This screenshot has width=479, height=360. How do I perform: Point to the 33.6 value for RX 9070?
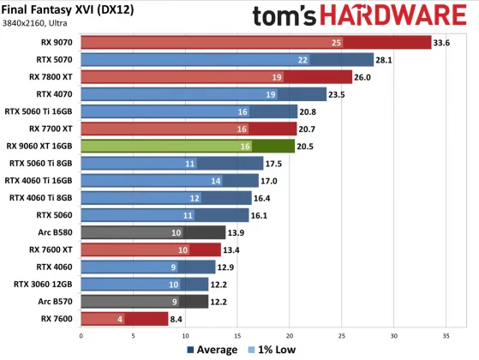[443, 42]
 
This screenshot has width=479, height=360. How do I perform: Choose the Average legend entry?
[212, 349]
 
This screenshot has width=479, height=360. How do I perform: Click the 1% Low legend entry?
[272, 349]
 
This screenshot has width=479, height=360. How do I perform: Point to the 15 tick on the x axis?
[237, 335]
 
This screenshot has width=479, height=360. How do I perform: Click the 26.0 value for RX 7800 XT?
[364, 76]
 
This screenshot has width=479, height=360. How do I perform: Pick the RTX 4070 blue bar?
[203, 94]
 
